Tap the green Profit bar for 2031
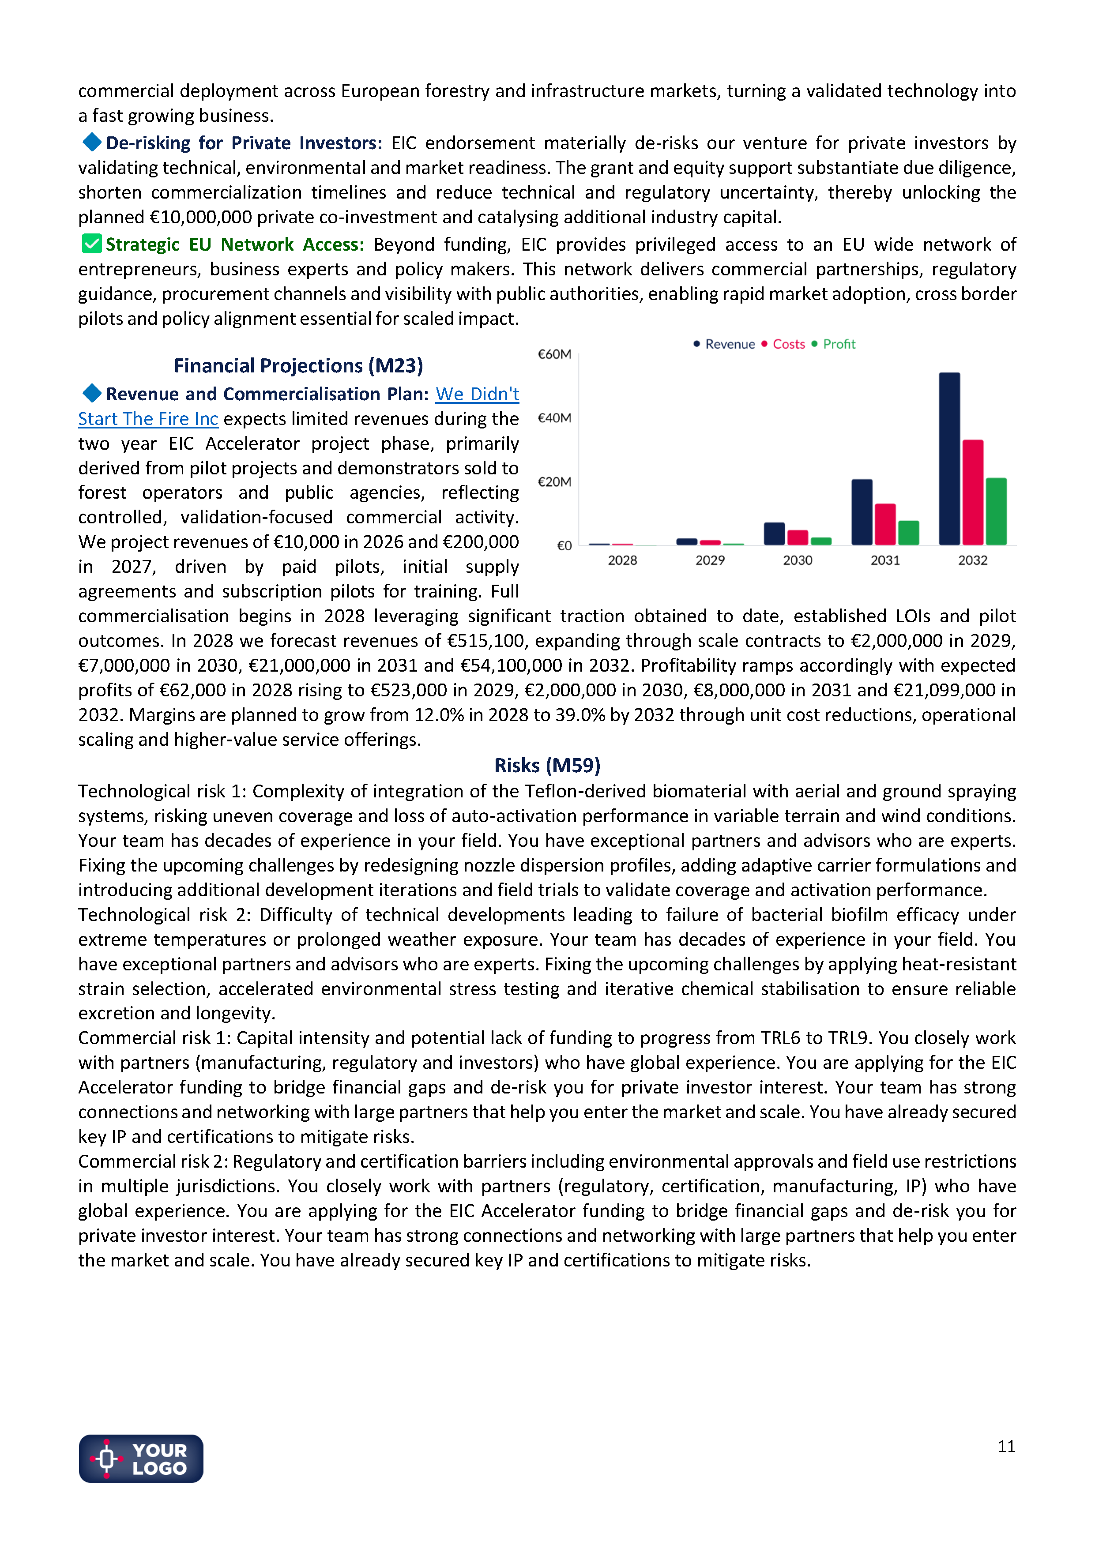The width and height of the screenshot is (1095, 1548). [908, 533]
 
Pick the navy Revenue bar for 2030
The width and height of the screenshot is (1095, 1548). [774, 534]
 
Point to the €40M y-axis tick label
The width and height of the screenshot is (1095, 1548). [554, 418]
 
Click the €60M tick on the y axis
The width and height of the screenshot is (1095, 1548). [554, 354]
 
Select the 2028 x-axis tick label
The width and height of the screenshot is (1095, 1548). [622, 560]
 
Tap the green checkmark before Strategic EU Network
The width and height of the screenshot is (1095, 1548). [92, 244]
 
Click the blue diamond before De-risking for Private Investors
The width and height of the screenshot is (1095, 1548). [92, 142]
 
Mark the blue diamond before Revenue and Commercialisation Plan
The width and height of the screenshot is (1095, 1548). [92, 393]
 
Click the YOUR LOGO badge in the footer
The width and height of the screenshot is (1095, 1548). [141, 1458]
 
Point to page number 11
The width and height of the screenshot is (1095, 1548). [1006, 1446]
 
